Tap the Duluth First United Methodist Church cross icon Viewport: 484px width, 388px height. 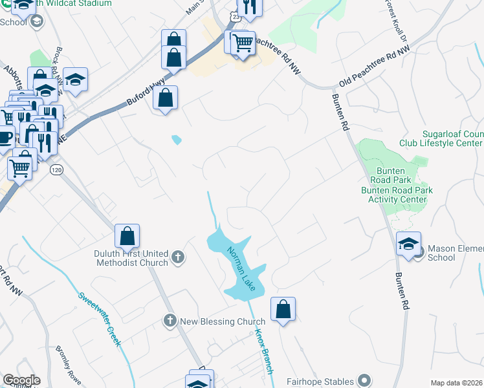pyautogui.click(x=178, y=258)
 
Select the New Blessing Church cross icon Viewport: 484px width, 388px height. pyautogui.click(x=170, y=320)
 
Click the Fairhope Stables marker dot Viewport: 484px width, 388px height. pyautogui.click(x=364, y=381)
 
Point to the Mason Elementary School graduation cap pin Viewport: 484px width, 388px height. pyautogui.click(x=408, y=244)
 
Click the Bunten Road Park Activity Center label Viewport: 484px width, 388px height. pyautogui.click(x=397, y=195)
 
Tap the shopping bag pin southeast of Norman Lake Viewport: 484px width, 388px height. pyautogui.click(x=283, y=310)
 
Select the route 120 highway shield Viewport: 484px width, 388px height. pyautogui.click(x=56, y=169)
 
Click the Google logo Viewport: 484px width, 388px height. pyautogui.click(x=21, y=380)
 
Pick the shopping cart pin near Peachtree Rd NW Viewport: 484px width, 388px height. pyautogui.click(x=243, y=44)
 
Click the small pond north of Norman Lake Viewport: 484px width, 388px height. pyautogui.click(x=176, y=139)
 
